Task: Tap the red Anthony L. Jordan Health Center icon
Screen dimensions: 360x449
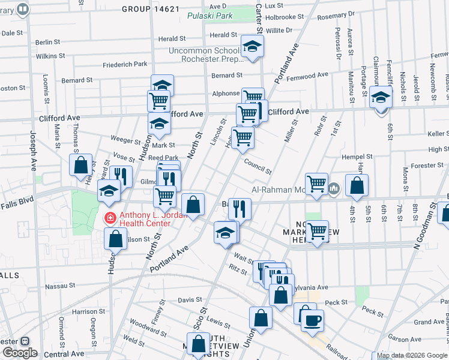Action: (x=110, y=217)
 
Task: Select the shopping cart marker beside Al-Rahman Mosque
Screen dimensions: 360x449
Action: (x=316, y=184)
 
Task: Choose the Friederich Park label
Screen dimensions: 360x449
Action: (x=125, y=64)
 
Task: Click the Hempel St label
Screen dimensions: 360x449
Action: (x=357, y=157)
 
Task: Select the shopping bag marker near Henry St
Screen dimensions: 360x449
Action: (x=80, y=164)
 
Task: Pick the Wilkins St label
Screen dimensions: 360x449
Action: (x=50, y=56)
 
